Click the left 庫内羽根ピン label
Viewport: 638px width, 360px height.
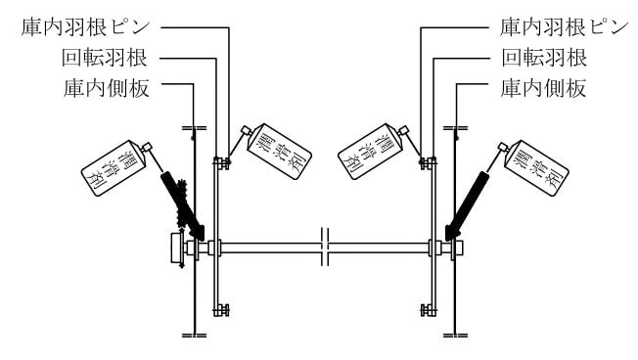coord(86,27)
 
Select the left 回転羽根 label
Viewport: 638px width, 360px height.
coord(105,58)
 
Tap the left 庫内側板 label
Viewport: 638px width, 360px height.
coord(107,88)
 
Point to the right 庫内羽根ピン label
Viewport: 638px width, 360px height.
coord(565,27)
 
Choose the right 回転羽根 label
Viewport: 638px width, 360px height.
coord(544,58)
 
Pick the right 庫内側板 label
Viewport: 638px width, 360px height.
coord(544,88)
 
